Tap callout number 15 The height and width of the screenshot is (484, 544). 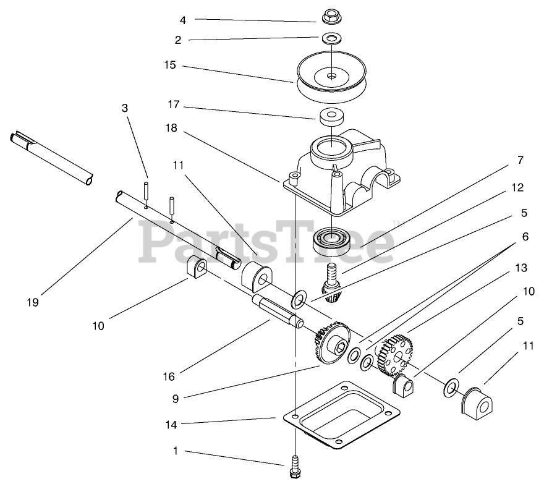[x=169, y=65]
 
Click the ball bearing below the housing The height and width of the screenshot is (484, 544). [x=331, y=239]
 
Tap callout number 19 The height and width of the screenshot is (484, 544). [x=33, y=302]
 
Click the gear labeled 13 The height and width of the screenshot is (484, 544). [x=396, y=355]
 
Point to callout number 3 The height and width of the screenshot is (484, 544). [x=125, y=108]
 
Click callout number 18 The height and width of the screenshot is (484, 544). [x=171, y=128]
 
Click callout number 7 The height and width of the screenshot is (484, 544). [x=520, y=160]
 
